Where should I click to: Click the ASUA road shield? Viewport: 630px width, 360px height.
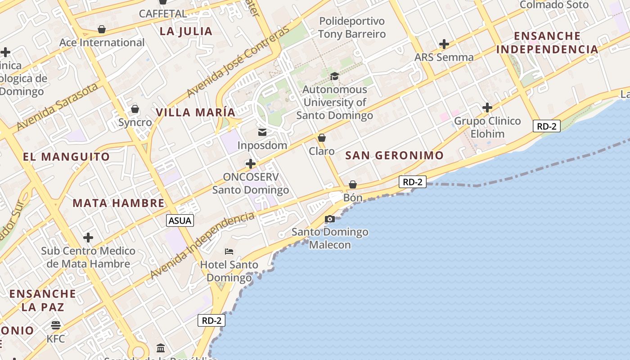click(180, 220)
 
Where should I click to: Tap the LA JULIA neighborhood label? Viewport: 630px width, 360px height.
click(186, 31)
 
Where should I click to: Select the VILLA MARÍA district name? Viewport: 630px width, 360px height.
click(196, 112)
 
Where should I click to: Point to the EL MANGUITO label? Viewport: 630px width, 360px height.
click(67, 157)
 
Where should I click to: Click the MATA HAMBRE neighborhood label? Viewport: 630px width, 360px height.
click(118, 203)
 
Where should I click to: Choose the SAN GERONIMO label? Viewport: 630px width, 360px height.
click(394, 156)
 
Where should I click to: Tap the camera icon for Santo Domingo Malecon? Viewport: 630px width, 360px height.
click(330, 219)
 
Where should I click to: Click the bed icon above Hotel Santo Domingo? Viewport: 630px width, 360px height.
click(229, 252)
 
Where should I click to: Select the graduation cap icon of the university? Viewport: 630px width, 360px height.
click(334, 76)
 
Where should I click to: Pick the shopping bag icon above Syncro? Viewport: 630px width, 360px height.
click(135, 109)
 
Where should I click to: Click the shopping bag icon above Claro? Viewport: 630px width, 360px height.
click(322, 138)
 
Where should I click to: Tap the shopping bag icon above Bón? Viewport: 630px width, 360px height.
click(353, 184)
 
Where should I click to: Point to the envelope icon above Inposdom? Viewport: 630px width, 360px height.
click(262, 132)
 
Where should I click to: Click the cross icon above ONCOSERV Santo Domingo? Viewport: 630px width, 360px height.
click(251, 164)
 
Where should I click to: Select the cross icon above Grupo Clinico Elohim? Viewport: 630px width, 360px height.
click(487, 108)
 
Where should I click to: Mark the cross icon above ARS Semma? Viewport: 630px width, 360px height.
click(444, 44)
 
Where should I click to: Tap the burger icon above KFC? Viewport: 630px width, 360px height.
click(56, 325)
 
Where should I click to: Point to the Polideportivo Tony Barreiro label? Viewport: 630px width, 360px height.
click(352, 27)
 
